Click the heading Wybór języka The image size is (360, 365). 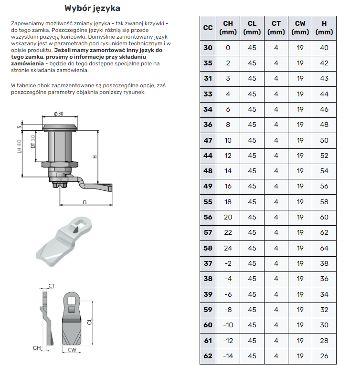pyautogui.click(x=92, y=9)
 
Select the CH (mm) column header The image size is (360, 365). pyautogui.click(x=228, y=28)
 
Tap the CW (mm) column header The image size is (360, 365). pyautogui.click(x=300, y=28)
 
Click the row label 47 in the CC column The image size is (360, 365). pyautogui.click(x=208, y=140)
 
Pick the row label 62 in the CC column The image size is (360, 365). pyautogui.click(x=208, y=356)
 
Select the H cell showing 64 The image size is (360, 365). pyautogui.click(x=324, y=248)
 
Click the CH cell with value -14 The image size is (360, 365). pyautogui.click(x=228, y=356)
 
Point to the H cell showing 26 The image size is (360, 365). pyautogui.click(x=324, y=356)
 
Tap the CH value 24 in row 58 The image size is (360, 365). pyautogui.click(x=228, y=248)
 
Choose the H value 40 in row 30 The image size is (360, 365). pyautogui.click(x=324, y=48)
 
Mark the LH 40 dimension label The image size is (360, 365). pyautogui.click(x=20, y=146)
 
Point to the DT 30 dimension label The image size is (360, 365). pyautogui.click(x=33, y=142)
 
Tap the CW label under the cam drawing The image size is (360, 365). pyautogui.click(x=72, y=350)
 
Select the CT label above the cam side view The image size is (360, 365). pyautogui.click(x=52, y=286)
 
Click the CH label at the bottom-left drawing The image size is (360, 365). pyautogui.click(x=36, y=348)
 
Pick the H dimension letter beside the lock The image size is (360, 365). pyautogui.click(x=95, y=156)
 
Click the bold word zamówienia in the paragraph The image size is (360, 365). pyautogui.click(x=24, y=63)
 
